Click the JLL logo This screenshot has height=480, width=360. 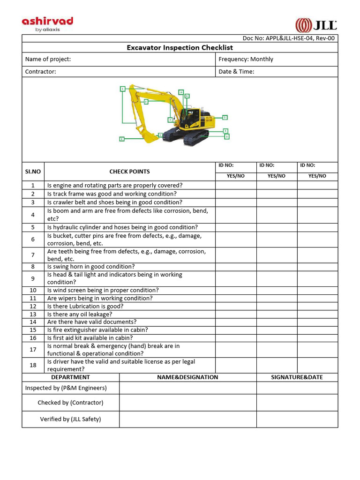point(316,25)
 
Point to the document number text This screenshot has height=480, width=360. point(288,38)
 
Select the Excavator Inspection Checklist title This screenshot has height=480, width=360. point(180,47)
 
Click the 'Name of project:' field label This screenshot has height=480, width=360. point(48,59)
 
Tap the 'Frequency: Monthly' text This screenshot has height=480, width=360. point(246,59)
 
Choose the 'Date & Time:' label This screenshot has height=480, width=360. point(236,72)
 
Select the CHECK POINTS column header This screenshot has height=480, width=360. point(129,172)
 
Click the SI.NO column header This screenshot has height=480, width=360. point(33,172)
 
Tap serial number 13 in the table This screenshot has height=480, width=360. point(33,314)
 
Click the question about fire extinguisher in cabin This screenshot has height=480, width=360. point(97,330)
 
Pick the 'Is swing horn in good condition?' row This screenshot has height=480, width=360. point(91,267)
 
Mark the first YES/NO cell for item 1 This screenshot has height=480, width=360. point(236,185)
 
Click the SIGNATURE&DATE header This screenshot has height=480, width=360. point(297,377)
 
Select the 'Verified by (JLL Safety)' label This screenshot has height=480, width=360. point(70,419)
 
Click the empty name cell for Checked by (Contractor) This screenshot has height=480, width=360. point(187,403)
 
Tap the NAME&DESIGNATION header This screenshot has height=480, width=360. point(187,377)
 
